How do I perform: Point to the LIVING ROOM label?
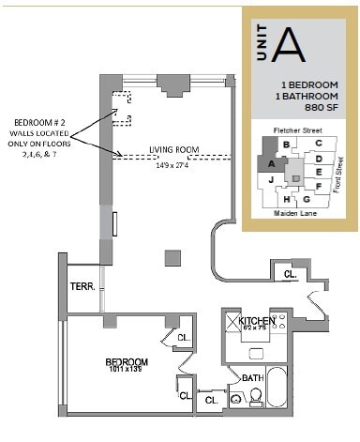click(x=173, y=150)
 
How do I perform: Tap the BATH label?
click(x=252, y=378)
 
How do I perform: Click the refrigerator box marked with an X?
click(x=231, y=321)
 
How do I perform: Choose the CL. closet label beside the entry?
click(x=290, y=274)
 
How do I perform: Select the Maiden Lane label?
click(x=292, y=214)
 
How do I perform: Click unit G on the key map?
click(x=307, y=198)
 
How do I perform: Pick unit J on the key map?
click(x=270, y=177)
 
